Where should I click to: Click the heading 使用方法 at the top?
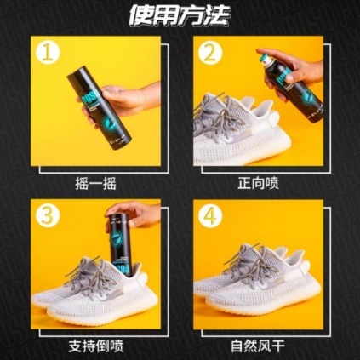point(180,15)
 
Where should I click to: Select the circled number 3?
point(51,214)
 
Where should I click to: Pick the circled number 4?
point(210,214)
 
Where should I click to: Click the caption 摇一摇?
point(94,182)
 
